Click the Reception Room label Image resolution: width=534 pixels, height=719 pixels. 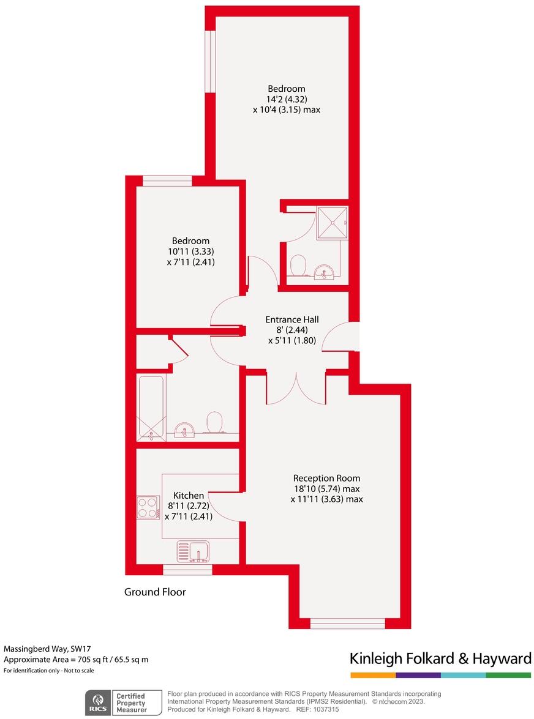pyautogui.click(x=326, y=478)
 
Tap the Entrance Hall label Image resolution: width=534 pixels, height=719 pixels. pyautogui.click(x=291, y=319)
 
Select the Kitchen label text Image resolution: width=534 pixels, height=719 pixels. pyautogui.click(x=189, y=495)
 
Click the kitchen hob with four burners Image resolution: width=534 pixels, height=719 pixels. pyautogui.click(x=148, y=507)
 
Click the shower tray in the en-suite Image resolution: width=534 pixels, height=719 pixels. pyautogui.click(x=332, y=222)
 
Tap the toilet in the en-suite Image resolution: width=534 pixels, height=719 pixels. pyautogui.click(x=298, y=266)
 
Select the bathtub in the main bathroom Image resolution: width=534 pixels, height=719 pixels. pyautogui.click(x=151, y=407)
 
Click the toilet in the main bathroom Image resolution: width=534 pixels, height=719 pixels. pyautogui.click(x=214, y=422)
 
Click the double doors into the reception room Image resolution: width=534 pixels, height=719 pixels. pyautogui.click(x=297, y=389)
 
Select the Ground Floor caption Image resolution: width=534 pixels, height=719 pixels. pyautogui.click(x=155, y=592)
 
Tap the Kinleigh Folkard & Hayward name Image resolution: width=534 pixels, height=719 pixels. pyautogui.click(x=440, y=658)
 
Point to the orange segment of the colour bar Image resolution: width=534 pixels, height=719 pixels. pyautogui.click(x=373, y=675)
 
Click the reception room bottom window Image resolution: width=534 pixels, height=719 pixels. pyautogui.click(x=348, y=624)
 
